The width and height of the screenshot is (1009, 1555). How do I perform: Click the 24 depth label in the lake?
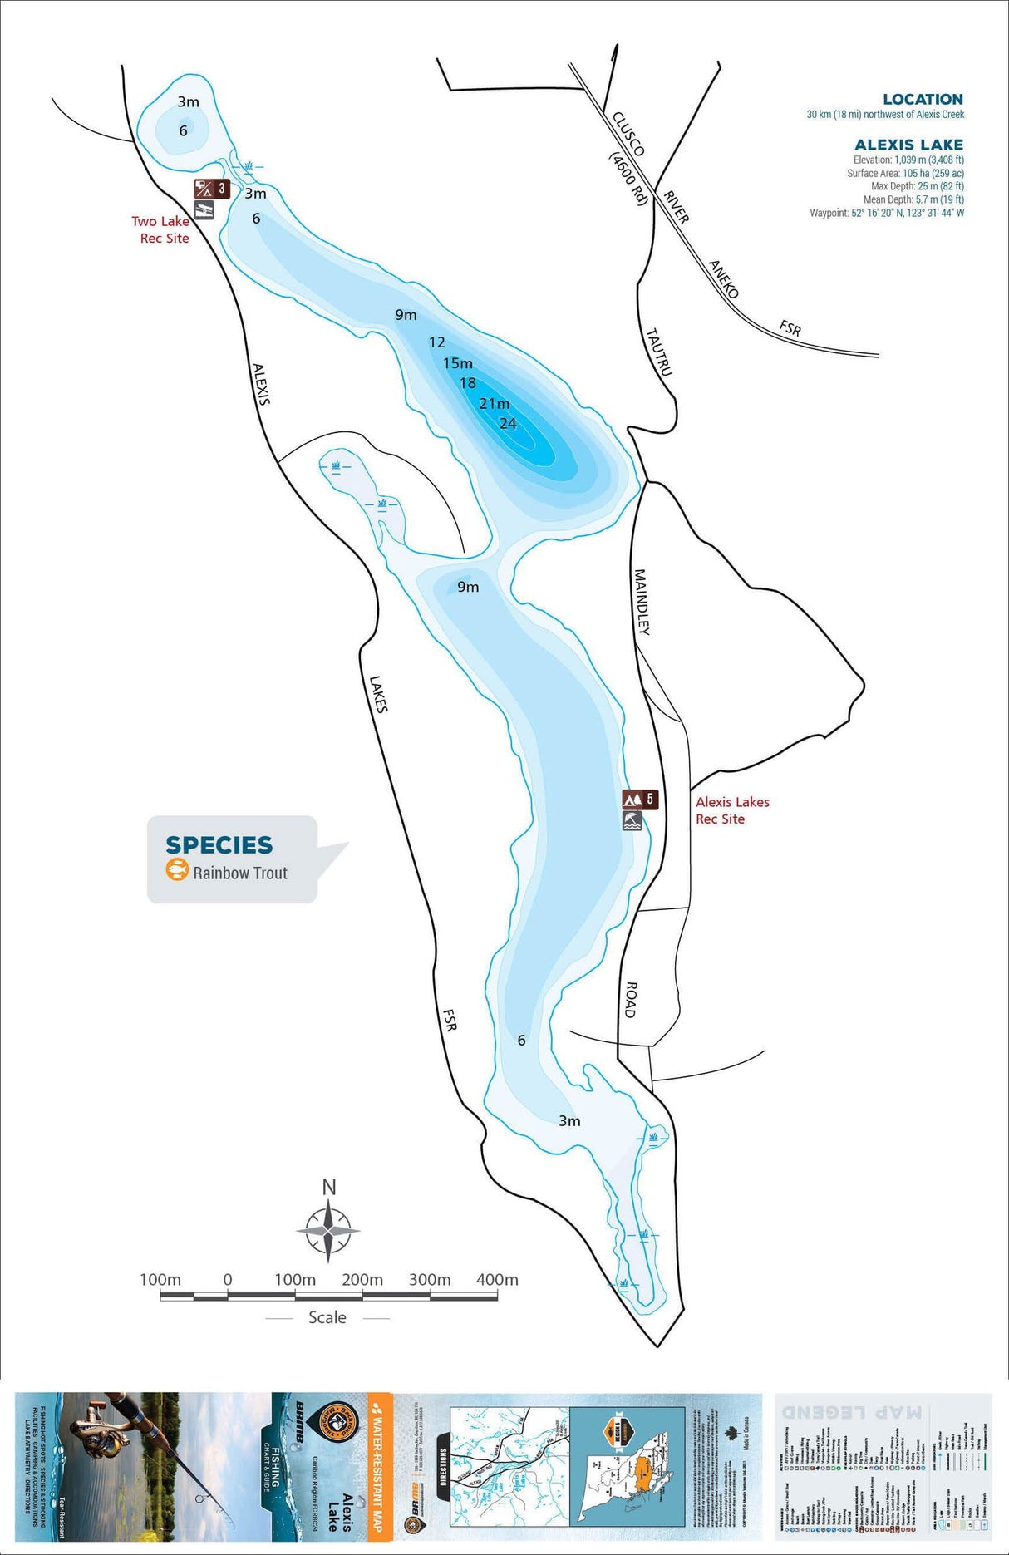point(508,424)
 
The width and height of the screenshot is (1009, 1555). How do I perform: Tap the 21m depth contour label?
point(494,404)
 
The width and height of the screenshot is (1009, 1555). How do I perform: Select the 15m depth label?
point(458,363)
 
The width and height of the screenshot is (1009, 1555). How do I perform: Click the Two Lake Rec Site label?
point(161,229)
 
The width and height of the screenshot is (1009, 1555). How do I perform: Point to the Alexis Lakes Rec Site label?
point(732,810)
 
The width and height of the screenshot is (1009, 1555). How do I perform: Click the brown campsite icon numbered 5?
point(640,800)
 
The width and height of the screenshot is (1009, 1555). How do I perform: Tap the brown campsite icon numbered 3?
point(212,189)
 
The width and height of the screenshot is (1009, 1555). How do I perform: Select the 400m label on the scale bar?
point(497,1280)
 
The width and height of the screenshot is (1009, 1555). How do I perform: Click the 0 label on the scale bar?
point(228,1280)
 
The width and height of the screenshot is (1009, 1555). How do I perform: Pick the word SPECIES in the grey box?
point(219,845)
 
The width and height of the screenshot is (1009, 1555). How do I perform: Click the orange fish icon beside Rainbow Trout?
point(177,871)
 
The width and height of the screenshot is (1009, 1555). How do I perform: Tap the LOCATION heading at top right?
point(923,99)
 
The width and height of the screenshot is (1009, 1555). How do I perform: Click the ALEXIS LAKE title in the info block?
point(908,145)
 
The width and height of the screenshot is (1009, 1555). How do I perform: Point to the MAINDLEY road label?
point(642,602)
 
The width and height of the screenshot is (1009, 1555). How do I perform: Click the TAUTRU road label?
point(658,352)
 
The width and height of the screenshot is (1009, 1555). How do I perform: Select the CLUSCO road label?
point(628,134)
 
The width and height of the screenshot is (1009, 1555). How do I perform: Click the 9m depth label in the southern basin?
point(468,587)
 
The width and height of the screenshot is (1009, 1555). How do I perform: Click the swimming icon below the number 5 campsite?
point(632,821)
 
